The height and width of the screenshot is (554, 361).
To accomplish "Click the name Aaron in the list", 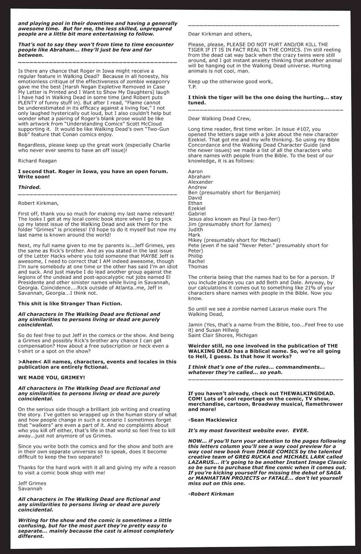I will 195,171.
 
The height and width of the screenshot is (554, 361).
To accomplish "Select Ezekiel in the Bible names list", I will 197,208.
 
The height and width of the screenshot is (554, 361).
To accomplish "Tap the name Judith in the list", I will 195,230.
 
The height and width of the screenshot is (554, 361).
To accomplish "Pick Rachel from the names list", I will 196,261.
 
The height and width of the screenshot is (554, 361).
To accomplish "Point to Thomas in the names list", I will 198,266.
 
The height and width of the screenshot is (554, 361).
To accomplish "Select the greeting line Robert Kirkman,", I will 38,203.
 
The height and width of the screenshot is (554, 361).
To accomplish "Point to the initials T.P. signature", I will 192,87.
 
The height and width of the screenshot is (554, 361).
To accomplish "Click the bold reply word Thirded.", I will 29,187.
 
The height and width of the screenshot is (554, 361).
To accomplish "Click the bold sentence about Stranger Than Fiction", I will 70,303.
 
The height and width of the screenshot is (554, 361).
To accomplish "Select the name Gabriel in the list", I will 197,214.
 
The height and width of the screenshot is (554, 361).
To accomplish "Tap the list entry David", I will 195,198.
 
